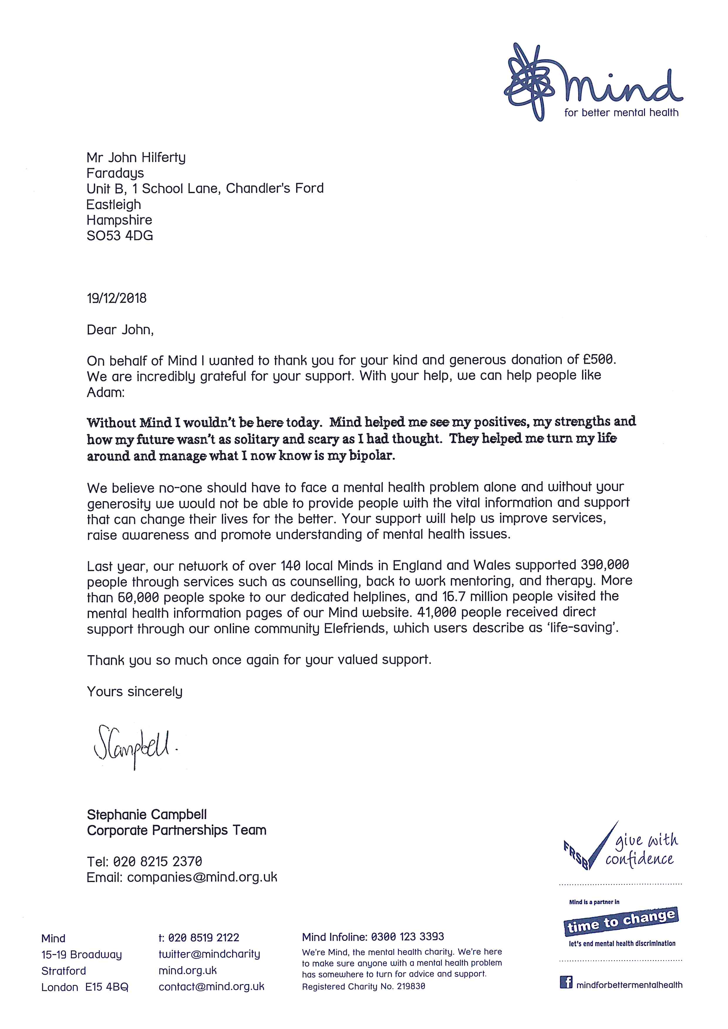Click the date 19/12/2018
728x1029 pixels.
(117, 298)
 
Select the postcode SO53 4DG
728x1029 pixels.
(120, 236)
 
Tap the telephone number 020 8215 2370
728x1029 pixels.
(157, 861)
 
